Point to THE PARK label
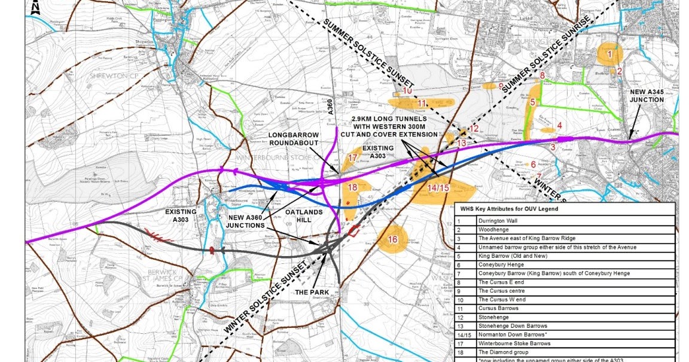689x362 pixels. pyautogui.click(x=307, y=293)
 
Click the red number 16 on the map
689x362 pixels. pyautogui.click(x=392, y=239)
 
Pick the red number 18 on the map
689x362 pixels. pyautogui.click(x=352, y=187)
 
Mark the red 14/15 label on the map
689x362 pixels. pyautogui.click(x=439, y=187)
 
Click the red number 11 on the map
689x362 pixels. pyautogui.click(x=422, y=104)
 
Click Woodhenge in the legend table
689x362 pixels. pyautogui.click(x=493, y=229)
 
